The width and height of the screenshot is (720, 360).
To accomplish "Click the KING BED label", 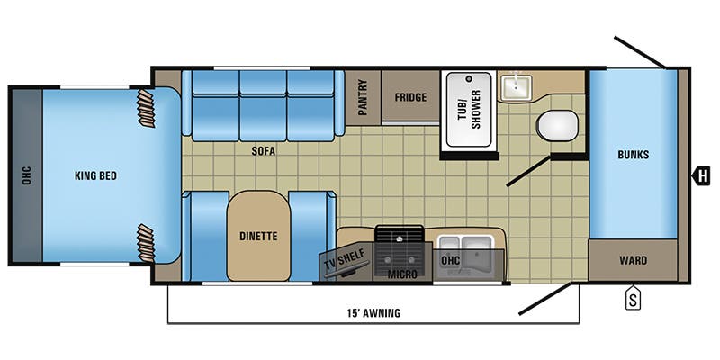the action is point(95,175).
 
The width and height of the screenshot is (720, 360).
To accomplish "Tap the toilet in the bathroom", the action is point(557,125).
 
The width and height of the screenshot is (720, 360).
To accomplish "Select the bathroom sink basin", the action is point(517,87).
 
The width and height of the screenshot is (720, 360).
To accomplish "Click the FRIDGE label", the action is point(410,97).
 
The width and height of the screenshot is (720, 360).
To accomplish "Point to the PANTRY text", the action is point(363,97).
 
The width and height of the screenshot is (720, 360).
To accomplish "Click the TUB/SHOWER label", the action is point(469,109).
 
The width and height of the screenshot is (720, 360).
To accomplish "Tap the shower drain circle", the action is point(469,78).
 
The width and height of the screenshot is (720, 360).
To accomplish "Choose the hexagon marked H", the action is point(702,175).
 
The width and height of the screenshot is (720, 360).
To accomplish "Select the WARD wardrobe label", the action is point(634,260).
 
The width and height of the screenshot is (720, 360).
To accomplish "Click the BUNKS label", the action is point(634,155).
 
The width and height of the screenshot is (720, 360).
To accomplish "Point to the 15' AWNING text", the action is point(373,313).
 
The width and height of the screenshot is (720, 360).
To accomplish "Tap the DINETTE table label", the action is point(258,237).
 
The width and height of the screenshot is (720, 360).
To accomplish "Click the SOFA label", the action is point(263,151).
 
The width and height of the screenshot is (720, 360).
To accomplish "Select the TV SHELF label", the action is point(345,260).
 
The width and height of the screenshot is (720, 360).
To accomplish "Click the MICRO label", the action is point(402,274).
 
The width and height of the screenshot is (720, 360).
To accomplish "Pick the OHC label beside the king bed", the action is point(26,175).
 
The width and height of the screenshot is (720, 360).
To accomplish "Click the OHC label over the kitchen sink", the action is point(451,260).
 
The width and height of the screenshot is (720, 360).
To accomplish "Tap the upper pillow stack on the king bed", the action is point(147,108).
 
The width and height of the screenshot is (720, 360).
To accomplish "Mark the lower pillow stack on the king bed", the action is point(147,243).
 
